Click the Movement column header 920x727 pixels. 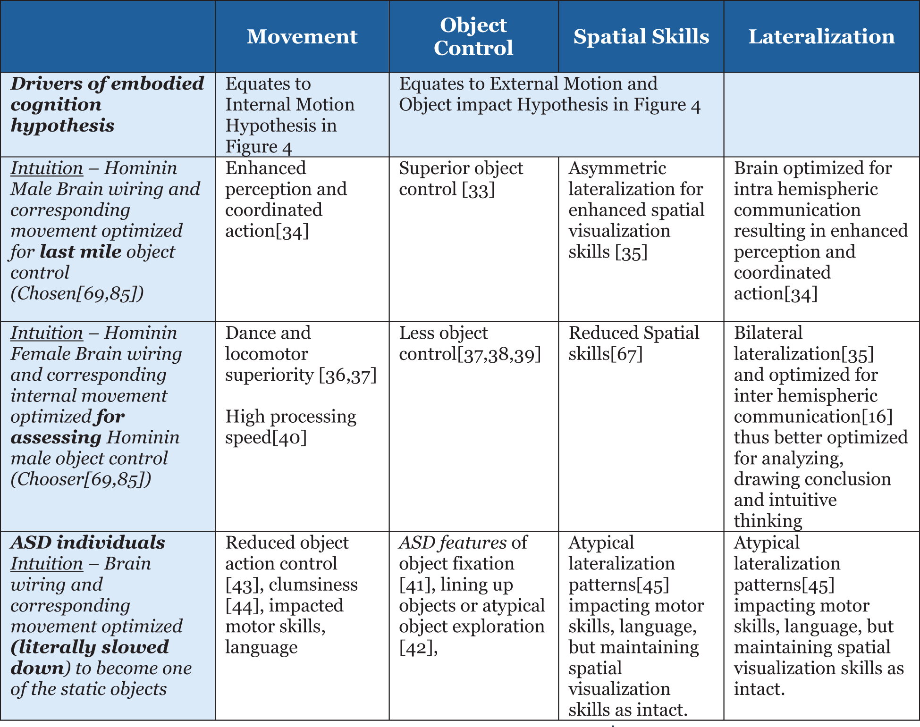click(302, 36)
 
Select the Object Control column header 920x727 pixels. click(473, 36)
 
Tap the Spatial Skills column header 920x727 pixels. click(641, 36)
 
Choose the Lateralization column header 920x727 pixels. click(821, 36)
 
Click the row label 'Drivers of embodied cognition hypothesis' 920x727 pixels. click(107, 104)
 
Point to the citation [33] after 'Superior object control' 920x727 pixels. click(478, 190)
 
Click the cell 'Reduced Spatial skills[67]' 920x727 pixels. click(633, 343)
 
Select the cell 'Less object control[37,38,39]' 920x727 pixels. click(470, 343)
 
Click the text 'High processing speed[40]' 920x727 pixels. click(290, 427)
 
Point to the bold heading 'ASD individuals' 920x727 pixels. click(88, 543)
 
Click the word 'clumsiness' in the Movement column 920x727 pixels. click(313, 585)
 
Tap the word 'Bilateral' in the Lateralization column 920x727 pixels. click(768, 333)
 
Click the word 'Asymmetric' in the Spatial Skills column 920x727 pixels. click(617, 168)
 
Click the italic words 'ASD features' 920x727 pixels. click(446, 543)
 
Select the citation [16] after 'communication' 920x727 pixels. click(877, 417)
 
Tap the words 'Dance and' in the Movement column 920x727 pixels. click(268, 333)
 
